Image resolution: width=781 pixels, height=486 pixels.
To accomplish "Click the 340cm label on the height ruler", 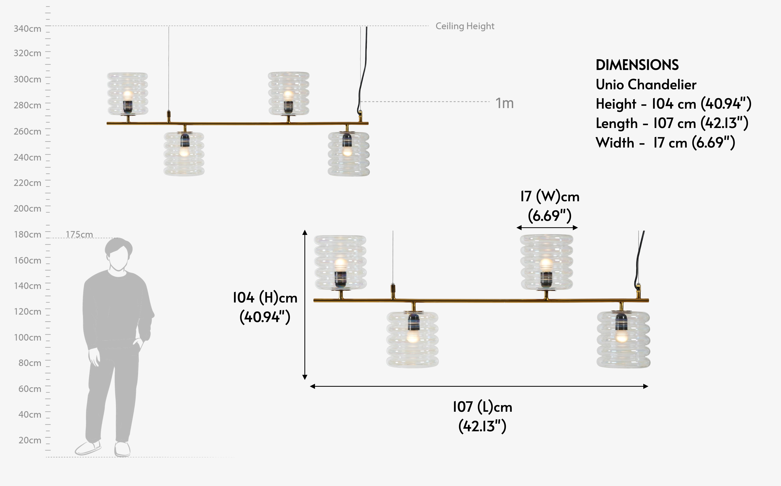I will tap(27, 29).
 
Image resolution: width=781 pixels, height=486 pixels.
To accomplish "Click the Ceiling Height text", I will tap(465, 26).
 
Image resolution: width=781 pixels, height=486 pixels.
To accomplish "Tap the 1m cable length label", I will tap(504, 103).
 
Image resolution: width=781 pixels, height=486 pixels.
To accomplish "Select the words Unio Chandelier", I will tap(646, 85).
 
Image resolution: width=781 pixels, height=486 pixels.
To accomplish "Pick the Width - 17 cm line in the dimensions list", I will tap(665, 143).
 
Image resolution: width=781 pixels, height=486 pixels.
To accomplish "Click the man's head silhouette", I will tap(118, 254).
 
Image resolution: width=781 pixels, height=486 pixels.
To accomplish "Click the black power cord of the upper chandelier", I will tap(364, 71).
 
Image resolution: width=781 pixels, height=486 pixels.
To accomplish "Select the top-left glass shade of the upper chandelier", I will tap(127, 94).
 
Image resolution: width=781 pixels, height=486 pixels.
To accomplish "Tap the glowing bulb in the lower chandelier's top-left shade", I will tap(340, 264).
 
